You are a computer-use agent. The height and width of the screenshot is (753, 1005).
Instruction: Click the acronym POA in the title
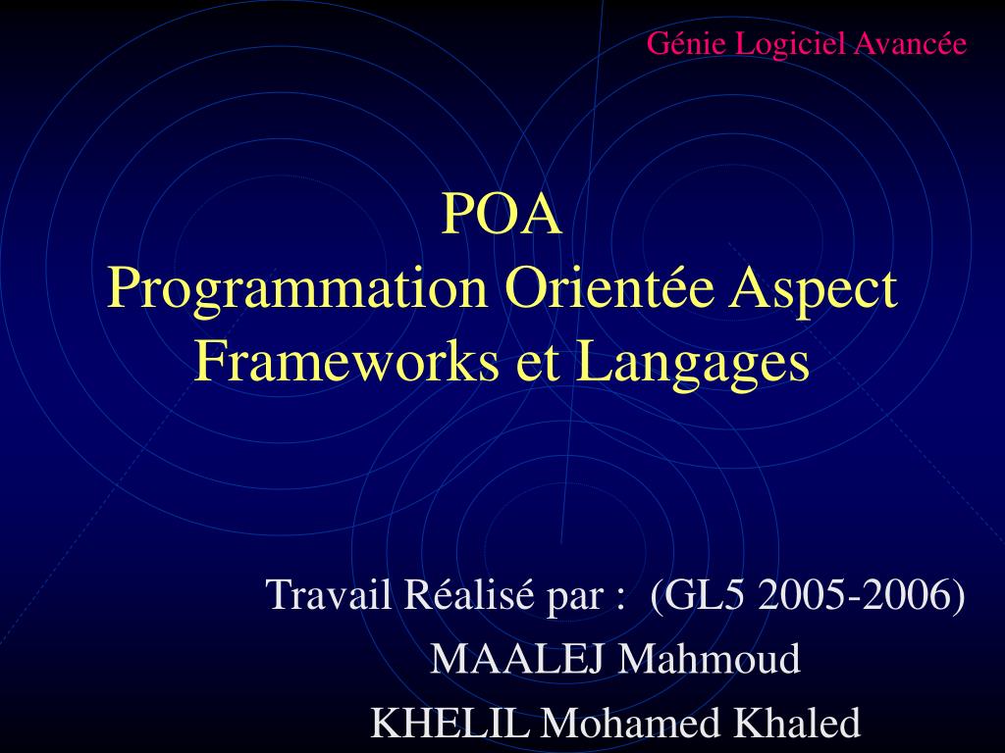pos(502,215)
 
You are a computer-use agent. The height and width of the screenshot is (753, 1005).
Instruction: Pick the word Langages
pos(692,363)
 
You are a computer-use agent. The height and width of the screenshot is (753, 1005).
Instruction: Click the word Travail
pos(329,594)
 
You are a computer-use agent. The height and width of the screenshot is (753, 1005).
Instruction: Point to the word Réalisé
pos(469,594)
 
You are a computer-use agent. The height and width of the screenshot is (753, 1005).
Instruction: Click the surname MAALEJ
pos(519,659)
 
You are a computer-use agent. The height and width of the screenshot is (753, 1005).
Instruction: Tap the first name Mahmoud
pos(709,659)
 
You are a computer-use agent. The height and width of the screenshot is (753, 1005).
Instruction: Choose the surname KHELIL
pos(452,724)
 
